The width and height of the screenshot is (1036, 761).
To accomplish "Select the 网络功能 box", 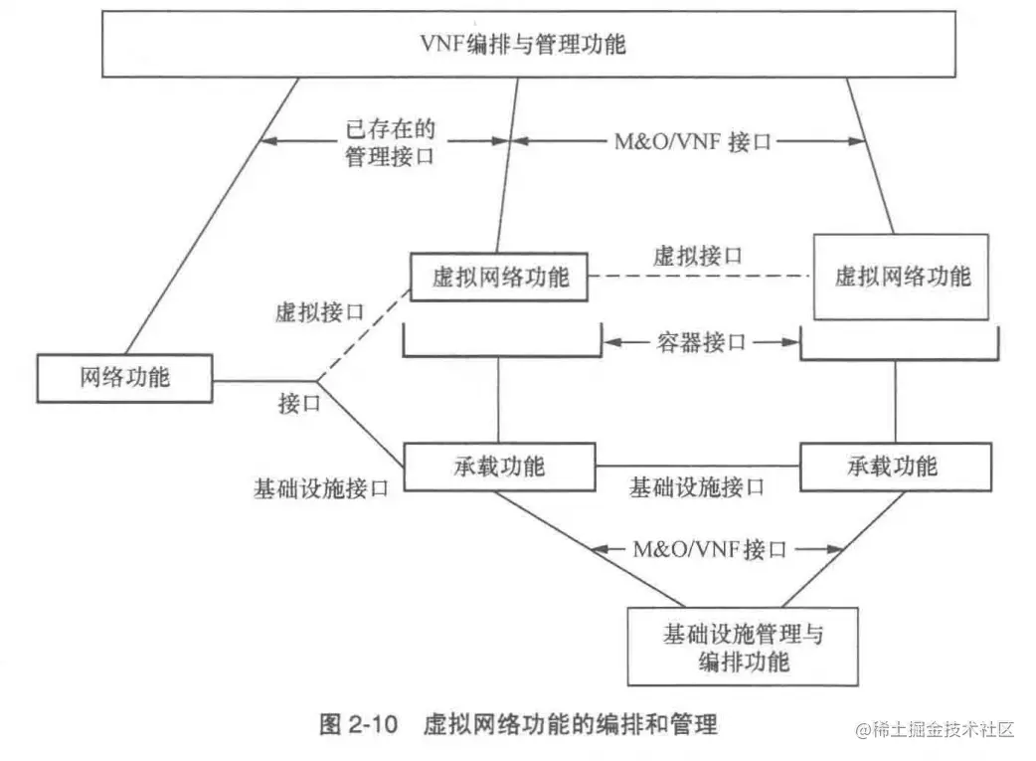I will tap(124, 377).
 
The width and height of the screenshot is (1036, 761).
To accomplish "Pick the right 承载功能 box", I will tap(896, 466).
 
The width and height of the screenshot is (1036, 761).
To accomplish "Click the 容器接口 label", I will tap(703, 342).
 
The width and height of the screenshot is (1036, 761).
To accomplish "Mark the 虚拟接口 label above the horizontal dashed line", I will tap(697, 255).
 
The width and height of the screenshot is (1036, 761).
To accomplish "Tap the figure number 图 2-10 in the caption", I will tap(358, 723).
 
